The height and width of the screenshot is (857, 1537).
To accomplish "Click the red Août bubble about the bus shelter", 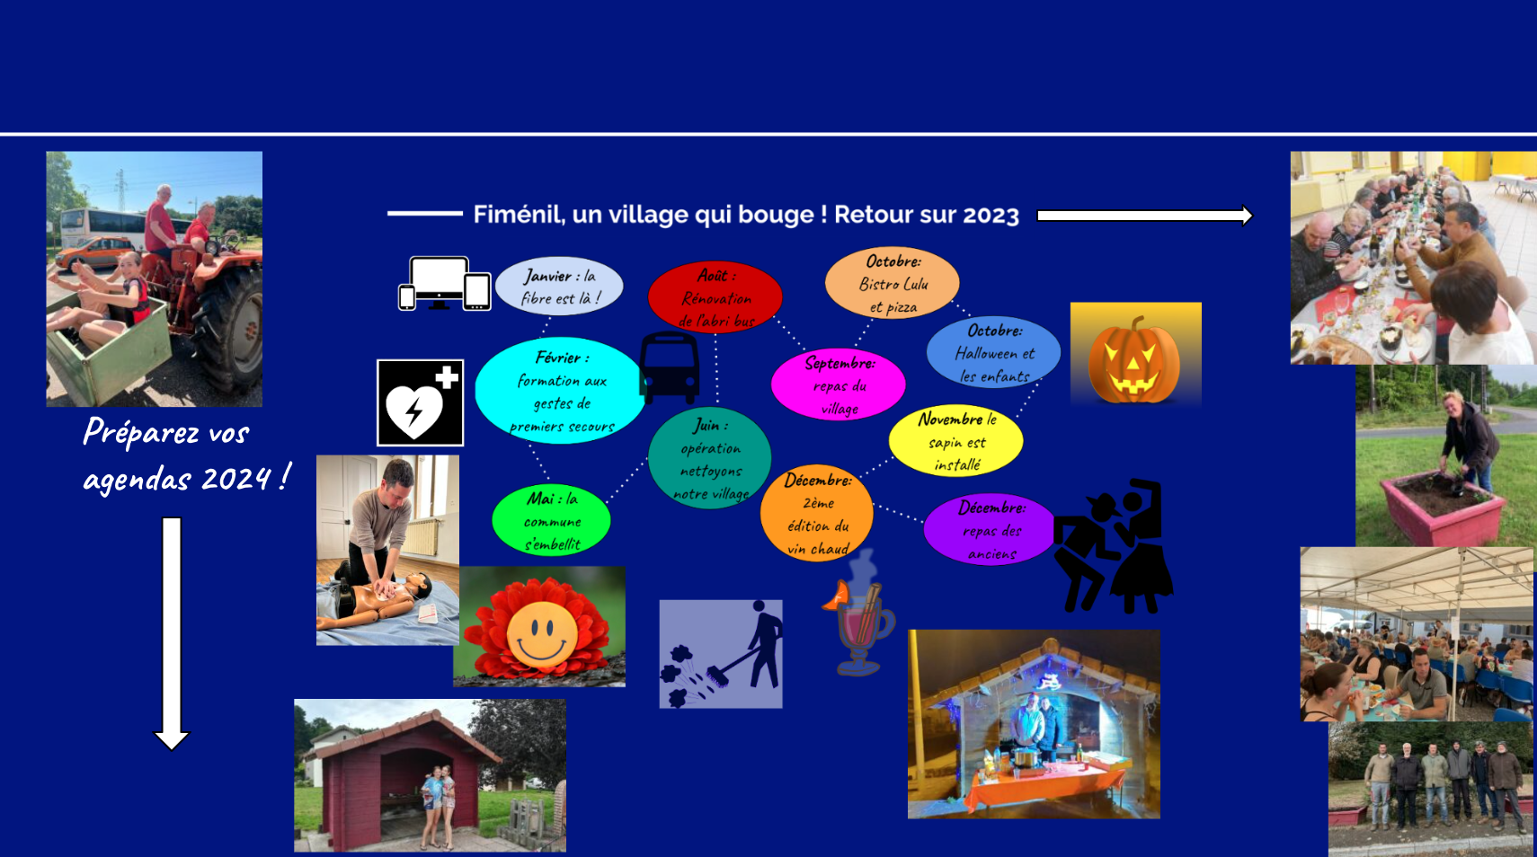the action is click(715, 296).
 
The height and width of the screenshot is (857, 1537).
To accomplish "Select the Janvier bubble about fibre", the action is click(559, 286).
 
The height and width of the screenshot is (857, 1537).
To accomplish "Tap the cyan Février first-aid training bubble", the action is click(561, 390).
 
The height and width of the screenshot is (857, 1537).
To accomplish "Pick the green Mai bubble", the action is click(551, 520).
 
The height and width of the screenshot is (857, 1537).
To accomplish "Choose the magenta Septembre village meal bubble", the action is click(839, 384).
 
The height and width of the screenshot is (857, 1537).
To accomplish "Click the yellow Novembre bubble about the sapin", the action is click(955, 440).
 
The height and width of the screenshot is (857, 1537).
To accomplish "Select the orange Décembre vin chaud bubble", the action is click(816, 514).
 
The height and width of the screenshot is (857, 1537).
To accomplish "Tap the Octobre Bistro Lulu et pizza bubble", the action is click(892, 282).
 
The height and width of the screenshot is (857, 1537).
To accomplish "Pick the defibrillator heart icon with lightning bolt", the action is click(420, 403).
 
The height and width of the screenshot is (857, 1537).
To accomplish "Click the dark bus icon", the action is click(669, 368).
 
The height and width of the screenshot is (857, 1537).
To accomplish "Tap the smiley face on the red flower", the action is click(541, 634).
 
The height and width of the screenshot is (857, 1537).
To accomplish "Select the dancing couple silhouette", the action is click(1113, 546).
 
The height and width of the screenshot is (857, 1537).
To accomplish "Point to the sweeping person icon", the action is click(721, 654).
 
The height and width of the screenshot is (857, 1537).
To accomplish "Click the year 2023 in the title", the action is click(991, 216).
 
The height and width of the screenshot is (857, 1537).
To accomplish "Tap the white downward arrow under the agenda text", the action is click(172, 634).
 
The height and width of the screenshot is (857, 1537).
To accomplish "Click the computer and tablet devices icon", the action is click(445, 284).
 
